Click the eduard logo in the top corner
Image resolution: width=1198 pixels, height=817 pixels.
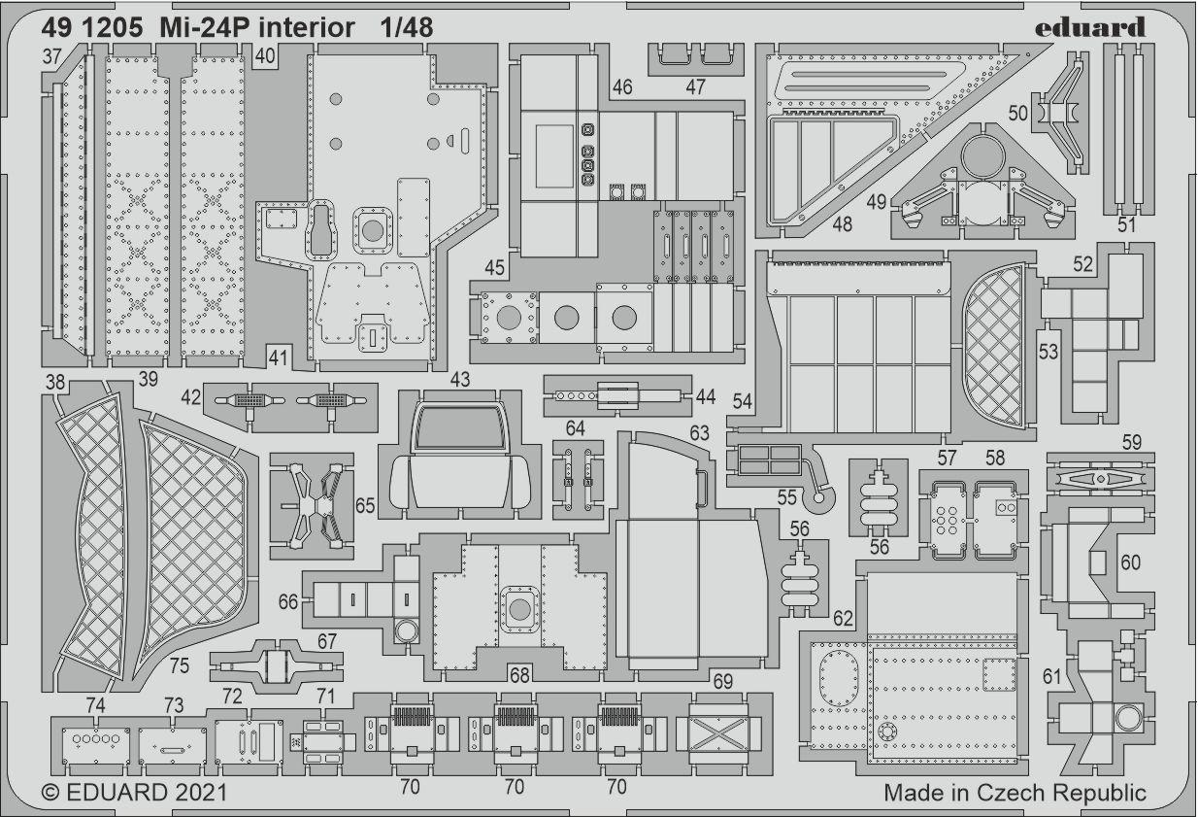pyautogui.click(x=1090, y=28)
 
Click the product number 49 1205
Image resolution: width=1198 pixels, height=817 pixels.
pyautogui.click(x=92, y=27)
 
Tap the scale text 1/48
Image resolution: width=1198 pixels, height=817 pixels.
pyautogui.click(x=407, y=27)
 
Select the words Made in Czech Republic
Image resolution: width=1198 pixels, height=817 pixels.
pyautogui.click(x=1015, y=793)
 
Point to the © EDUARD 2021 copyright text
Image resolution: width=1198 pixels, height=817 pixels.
pyautogui.click(x=135, y=793)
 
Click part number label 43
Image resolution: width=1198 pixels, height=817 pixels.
pyautogui.click(x=460, y=379)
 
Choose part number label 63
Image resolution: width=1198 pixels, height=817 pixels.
pyautogui.click(x=699, y=433)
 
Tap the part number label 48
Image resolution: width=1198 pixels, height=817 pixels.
pyautogui.click(x=842, y=224)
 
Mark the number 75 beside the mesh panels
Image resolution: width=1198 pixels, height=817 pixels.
pyautogui.click(x=180, y=665)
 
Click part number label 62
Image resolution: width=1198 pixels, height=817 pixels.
pyautogui.click(x=843, y=619)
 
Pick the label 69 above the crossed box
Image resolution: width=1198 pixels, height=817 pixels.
pyautogui.click(x=722, y=682)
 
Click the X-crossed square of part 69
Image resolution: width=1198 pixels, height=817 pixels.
pyautogui.click(x=718, y=733)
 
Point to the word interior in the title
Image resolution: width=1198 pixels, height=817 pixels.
pyautogui.click(x=306, y=27)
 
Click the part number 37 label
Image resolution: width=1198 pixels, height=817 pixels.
pyautogui.click(x=51, y=56)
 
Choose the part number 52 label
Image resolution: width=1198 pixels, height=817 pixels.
pyautogui.click(x=1083, y=264)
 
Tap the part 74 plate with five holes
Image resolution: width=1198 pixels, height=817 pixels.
pyautogui.click(x=96, y=746)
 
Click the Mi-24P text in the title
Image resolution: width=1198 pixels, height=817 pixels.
pyautogui.click(x=203, y=27)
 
